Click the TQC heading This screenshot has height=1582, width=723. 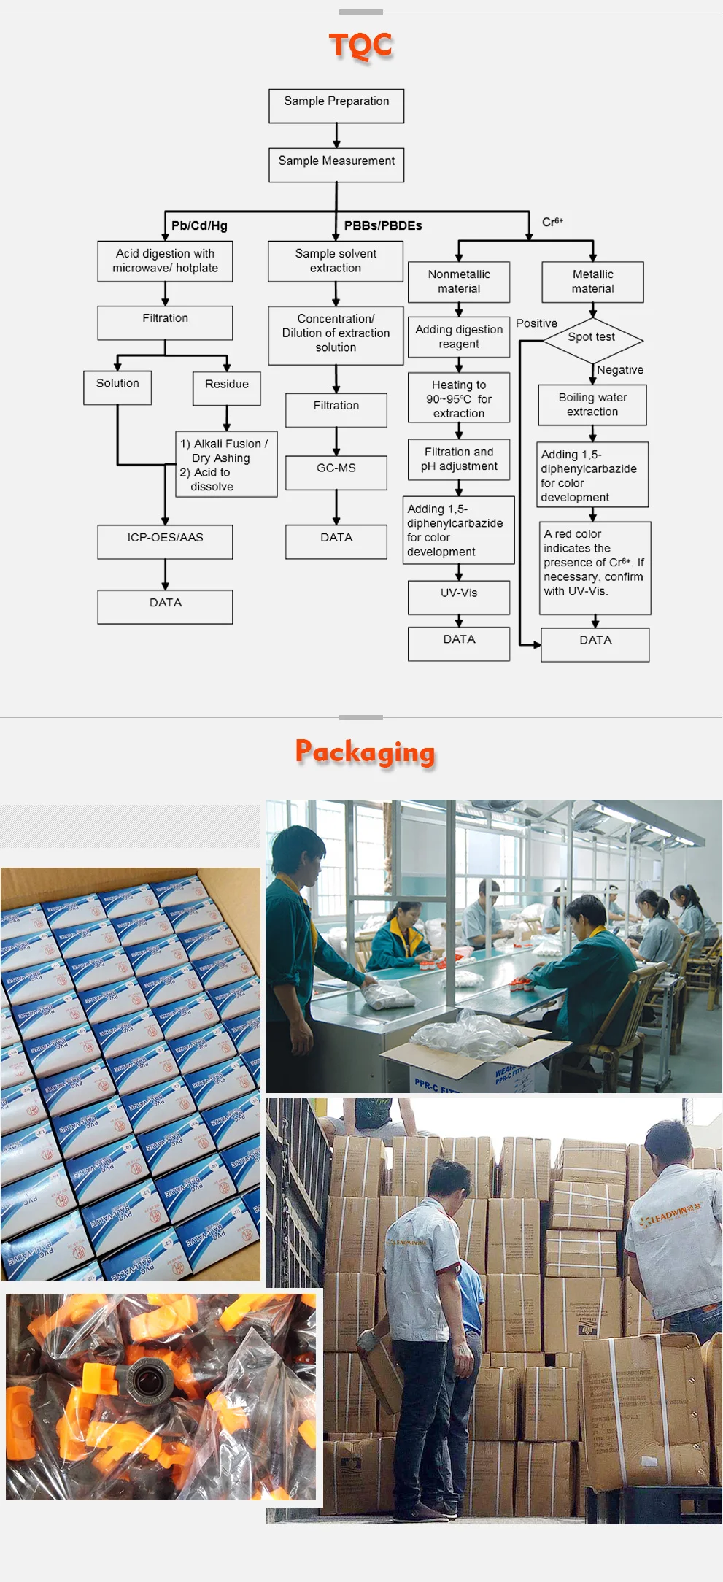360,45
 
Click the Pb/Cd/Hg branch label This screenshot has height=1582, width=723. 199,225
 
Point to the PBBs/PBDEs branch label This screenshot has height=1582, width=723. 383,225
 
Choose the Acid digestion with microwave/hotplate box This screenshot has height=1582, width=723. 166,261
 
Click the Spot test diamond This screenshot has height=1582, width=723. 592,339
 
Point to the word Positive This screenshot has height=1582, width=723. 536,323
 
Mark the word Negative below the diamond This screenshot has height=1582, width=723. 620,370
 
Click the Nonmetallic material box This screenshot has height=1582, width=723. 459,282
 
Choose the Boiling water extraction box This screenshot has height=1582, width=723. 592,405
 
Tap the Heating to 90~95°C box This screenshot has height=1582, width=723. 459,399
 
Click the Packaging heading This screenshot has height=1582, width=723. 365,752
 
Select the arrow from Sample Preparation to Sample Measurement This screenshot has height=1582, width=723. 336,135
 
